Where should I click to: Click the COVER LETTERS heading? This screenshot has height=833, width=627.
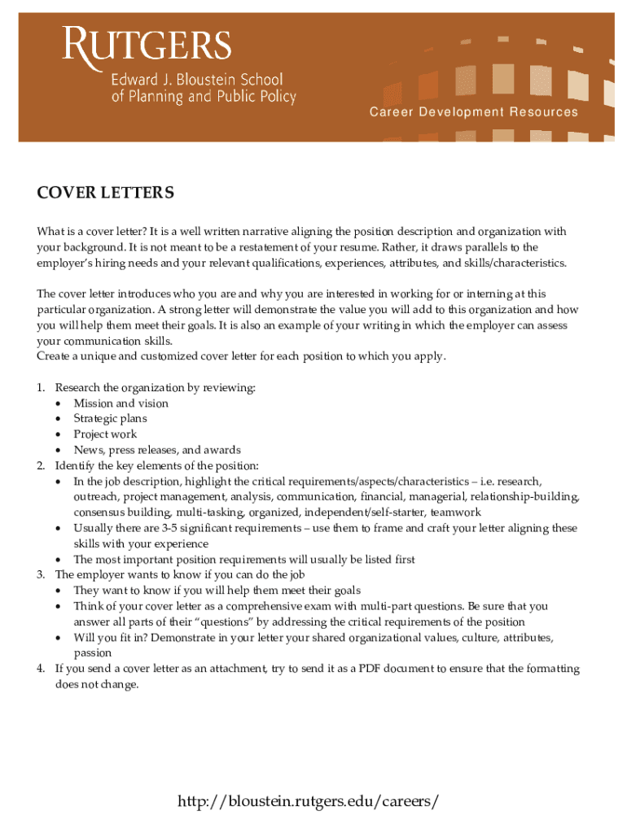pyautogui.click(x=105, y=193)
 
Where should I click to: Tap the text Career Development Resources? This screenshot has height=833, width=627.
pyautogui.click(x=473, y=112)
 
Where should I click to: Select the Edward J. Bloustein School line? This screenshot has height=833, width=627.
pyautogui.click(x=197, y=81)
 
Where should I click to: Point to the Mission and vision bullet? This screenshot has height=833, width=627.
pyautogui.click(x=121, y=403)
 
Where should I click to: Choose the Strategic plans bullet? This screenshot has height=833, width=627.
pyautogui.click(x=110, y=419)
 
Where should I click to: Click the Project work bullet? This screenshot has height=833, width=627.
pyautogui.click(x=105, y=434)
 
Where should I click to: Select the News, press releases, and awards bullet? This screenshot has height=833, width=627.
pyautogui.click(x=157, y=450)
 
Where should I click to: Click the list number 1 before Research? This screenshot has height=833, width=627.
pyautogui.click(x=41, y=388)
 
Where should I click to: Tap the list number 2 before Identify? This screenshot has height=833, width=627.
pyautogui.click(x=41, y=466)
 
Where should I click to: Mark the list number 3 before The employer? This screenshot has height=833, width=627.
pyautogui.click(x=41, y=575)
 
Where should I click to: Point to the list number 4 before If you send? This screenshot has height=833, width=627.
pyautogui.click(x=41, y=669)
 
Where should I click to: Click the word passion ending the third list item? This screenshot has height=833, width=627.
pyautogui.click(x=92, y=653)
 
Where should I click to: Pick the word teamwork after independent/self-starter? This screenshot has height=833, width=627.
pyautogui.click(x=456, y=512)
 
